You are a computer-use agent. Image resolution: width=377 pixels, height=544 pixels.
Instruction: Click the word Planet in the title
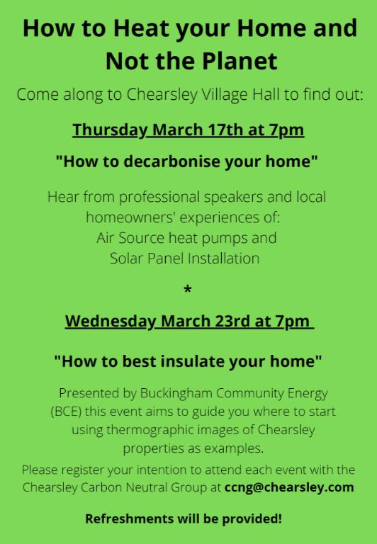click(240, 61)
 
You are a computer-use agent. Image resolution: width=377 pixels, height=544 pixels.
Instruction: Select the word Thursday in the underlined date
click(110, 131)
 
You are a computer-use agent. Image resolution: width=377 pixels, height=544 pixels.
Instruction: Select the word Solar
click(127, 259)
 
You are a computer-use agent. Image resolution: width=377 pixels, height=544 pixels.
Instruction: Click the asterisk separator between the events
click(188, 289)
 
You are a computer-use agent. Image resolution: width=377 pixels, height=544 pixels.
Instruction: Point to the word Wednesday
click(111, 322)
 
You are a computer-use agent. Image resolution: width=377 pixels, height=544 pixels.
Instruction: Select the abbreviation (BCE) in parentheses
click(66, 412)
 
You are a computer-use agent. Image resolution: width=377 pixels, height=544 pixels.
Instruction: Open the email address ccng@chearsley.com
click(289, 487)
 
